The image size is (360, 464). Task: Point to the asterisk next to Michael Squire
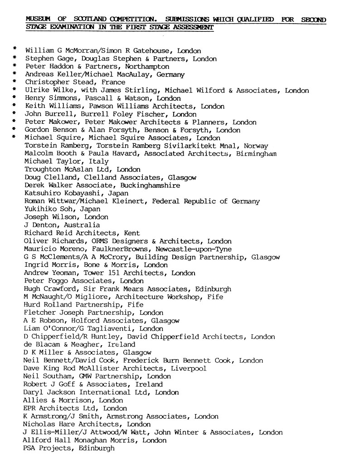15,137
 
